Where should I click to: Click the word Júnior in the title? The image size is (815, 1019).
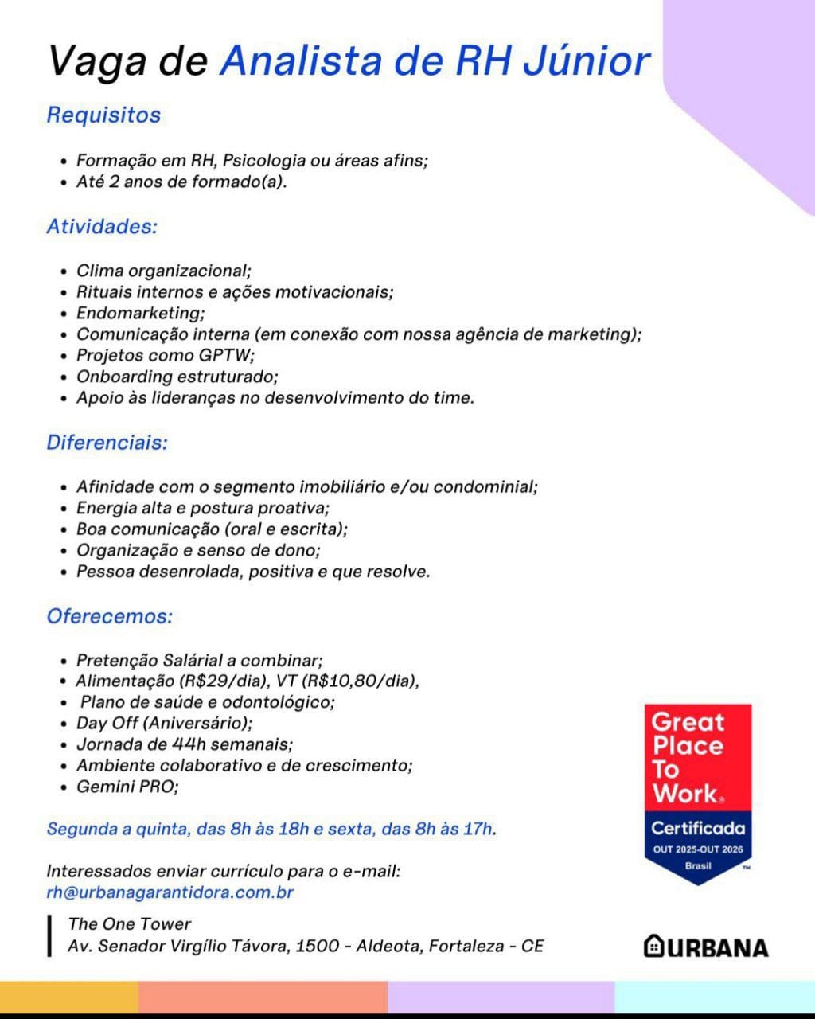pyautogui.click(x=586, y=61)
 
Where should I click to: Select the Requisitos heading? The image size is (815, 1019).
pyautogui.click(x=103, y=115)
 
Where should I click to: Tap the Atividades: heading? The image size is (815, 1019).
pyautogui.click(x=102, y=227)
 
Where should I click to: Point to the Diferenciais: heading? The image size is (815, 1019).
pyautogui.click(x=107, y=443)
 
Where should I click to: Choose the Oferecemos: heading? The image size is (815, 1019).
pyautogui.click(x=110, y=616)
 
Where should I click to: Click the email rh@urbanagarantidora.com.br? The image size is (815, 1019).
pyautogui.click(x=170, y=892)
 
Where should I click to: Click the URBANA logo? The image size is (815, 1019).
pyautogui.click(x=706, y=947)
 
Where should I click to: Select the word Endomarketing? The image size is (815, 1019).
pyautogui.click(x=140, y=313)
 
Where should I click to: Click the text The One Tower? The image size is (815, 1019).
pyautogui.click(x=130, y=924)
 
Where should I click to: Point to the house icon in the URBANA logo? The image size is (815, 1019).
pyautogui.click(x=653, y=946)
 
